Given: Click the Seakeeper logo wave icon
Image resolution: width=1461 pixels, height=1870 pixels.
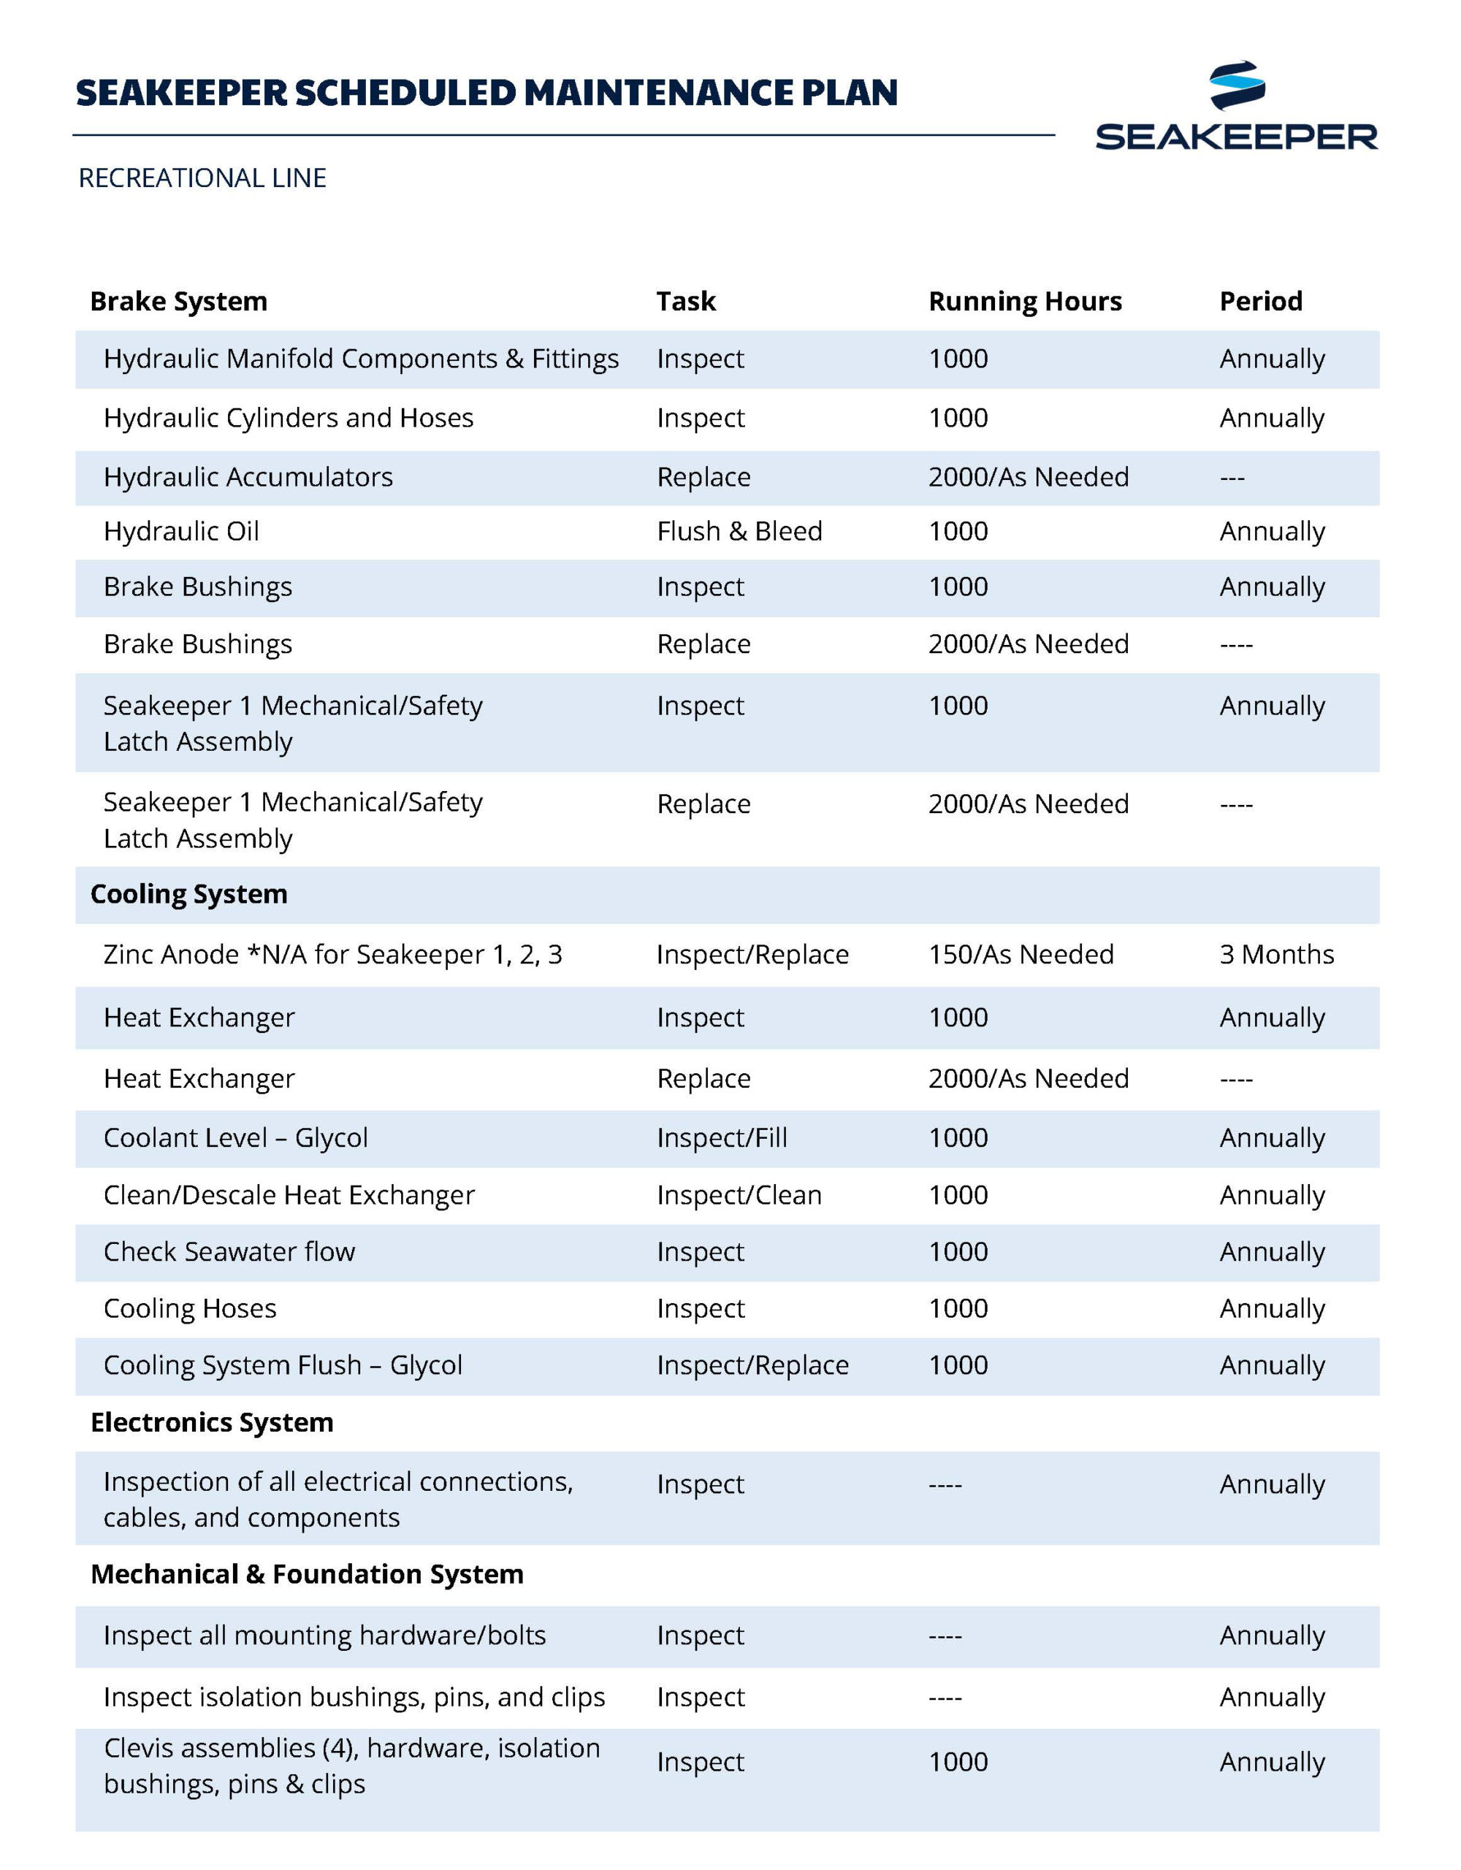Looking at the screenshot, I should [x=1237, y=85].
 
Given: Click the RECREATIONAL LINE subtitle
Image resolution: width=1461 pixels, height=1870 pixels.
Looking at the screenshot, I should [x=202, y=178].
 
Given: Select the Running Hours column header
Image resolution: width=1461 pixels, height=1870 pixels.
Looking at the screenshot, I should [x=1024, y=302].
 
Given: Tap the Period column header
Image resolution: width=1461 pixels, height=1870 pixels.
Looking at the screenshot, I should [x=1261, y=302].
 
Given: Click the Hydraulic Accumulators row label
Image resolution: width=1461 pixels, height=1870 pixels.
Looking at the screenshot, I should [x=248, y=477].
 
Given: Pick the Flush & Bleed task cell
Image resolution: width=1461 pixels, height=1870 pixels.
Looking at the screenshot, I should [x=739, y=532].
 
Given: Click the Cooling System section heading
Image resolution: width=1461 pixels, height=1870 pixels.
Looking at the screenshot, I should [x=188, y=894].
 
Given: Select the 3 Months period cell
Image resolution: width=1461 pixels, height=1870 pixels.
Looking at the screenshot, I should [x=1276, y=955].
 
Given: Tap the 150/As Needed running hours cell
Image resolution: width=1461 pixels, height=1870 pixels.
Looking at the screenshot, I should [x=1021, y=955].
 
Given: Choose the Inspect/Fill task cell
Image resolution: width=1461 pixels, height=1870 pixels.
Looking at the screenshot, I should [x=721, y=1138].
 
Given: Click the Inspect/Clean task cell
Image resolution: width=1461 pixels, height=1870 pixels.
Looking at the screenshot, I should [x=739, y=1195].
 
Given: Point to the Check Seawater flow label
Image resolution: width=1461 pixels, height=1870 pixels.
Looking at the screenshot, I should [x=229, y=1252].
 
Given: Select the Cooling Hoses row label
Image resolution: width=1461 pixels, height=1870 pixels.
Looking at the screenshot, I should [x=189, y=1308].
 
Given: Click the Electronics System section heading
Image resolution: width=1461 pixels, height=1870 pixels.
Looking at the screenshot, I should [x=212, y=1422].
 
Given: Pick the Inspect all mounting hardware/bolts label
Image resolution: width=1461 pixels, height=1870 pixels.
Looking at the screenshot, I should [x=324, y=1636].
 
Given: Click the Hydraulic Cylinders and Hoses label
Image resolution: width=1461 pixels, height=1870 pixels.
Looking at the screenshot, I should [x=288, y=418].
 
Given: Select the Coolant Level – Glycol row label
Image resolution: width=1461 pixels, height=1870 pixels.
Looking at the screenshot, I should [x=235, y=1138].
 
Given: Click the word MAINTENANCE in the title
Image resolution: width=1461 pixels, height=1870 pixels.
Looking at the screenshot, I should [x=657, y=93].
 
